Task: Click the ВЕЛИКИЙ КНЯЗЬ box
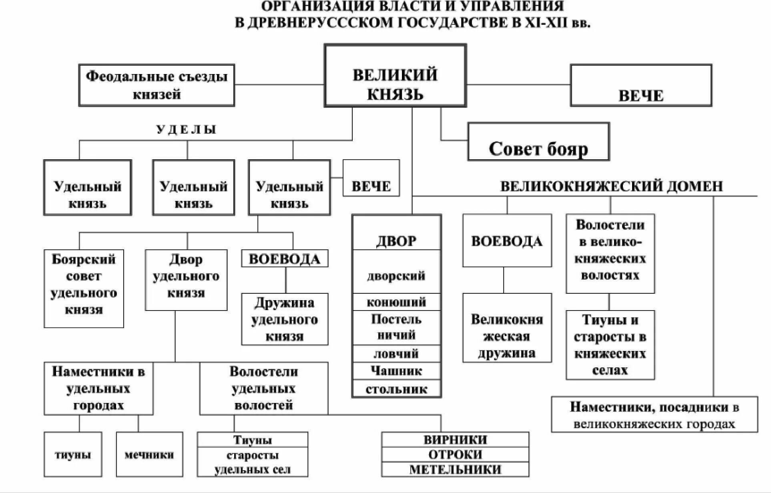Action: (x=395, y=76)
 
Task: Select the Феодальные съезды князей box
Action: (x=157, y=85)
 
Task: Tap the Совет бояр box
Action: (x=538, y=142)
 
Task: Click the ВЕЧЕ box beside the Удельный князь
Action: (x=371, y=178)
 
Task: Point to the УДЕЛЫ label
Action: (x=186, y=129)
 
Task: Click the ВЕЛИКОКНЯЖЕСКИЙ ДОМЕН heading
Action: (x=611, y=186)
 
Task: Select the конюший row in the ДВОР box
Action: (x=396, y=302)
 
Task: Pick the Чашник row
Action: (x=396, y=371)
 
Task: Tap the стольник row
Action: (x=396, y=389)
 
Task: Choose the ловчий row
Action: (x=396, y=354)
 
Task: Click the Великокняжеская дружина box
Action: (x=507, y=328)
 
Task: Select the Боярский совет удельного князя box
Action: (x=84, y=288)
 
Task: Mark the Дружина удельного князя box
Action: (x=285, y=319)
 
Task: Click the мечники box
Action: (x=149, y=454)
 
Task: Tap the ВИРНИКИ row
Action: (x=455, y=439)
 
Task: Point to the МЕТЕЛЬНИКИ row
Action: (x=455, y=469)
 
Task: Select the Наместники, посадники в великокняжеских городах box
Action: (x=654, y=415)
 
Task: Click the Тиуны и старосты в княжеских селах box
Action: (x=610, y=345)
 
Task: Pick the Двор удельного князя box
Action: (x=186, y=280)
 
